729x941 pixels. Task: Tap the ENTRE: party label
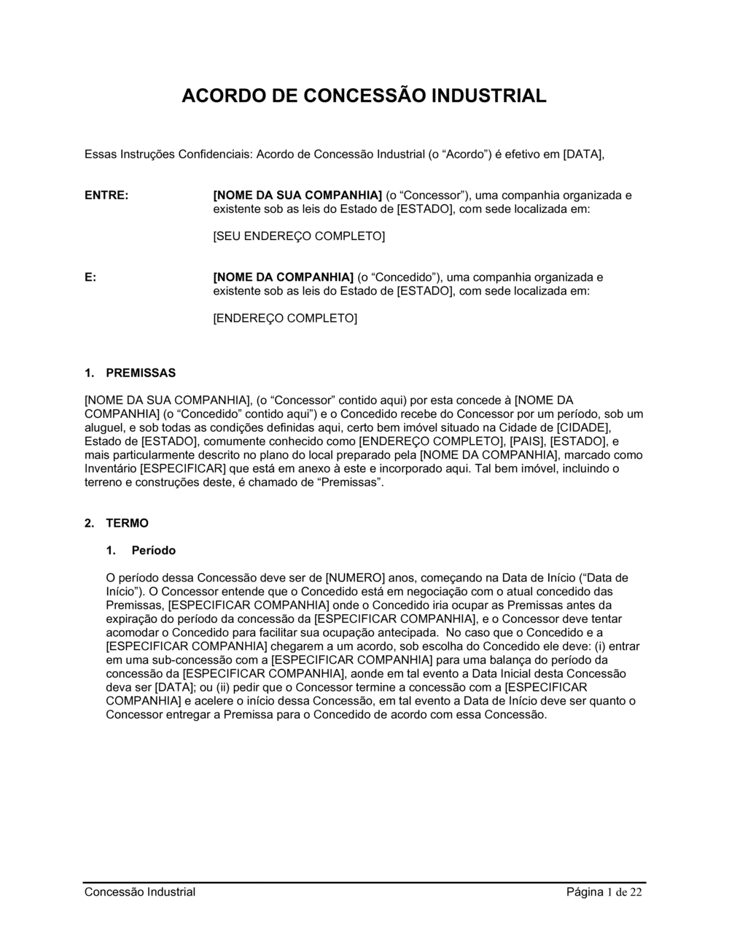(106, 195)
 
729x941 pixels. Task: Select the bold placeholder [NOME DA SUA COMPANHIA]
(297, 195)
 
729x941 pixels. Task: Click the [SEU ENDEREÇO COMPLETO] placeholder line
(298, 236)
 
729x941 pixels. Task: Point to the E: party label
(90, 277)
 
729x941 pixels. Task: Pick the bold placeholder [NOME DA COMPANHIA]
(283, 277)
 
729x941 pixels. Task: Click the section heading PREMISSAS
(141, 373)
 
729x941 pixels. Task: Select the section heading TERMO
(127, 523)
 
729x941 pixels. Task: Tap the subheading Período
(153, 550)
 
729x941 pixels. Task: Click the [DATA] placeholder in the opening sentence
(584, 155)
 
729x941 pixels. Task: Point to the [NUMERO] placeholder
(354, 578)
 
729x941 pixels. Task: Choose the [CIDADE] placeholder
(583, 427)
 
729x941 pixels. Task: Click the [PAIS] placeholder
(527, 441)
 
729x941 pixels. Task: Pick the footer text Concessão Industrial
(140, 891)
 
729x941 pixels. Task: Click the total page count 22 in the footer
(636, 892)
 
